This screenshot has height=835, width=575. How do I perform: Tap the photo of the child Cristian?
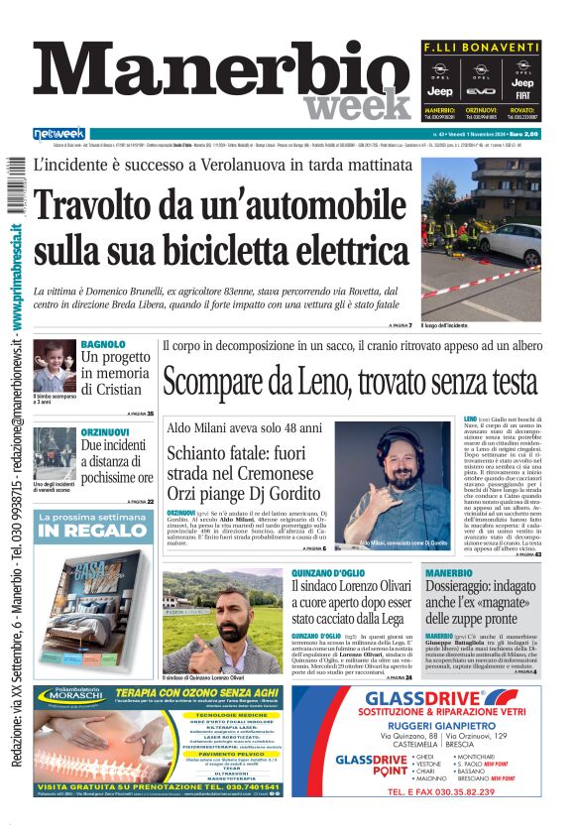[54, 366]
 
